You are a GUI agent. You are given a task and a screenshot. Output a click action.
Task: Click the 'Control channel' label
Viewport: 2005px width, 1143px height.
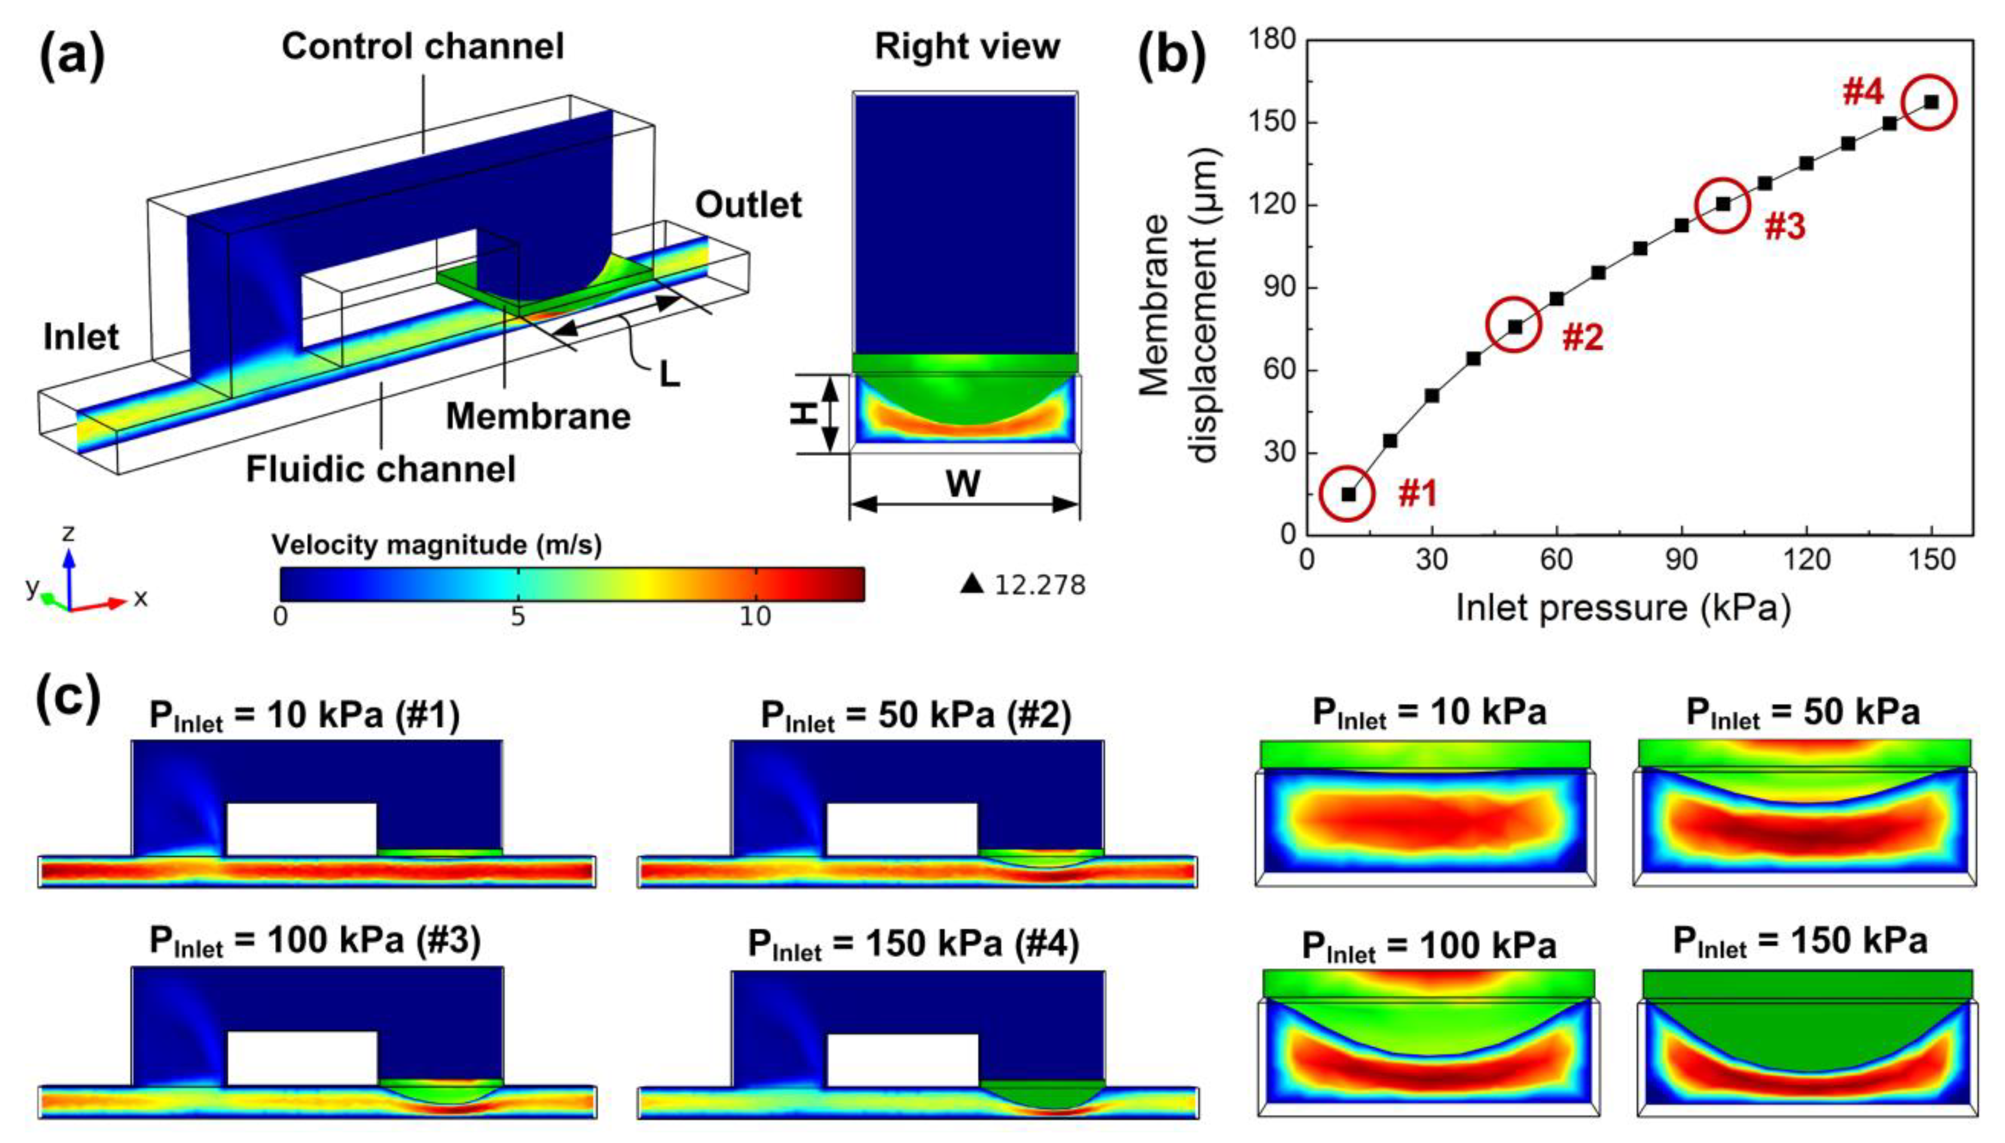[x=422, y=46]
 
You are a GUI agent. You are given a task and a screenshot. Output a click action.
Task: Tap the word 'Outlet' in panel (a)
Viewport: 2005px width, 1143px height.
[x=748, y=205]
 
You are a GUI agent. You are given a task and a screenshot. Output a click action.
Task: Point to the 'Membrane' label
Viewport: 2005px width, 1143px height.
[x=538, y=416]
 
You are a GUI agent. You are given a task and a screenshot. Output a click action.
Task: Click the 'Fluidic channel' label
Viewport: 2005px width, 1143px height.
[x=381, y=469]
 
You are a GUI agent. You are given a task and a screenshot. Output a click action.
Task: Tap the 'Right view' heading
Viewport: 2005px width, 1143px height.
[x=967, y=46]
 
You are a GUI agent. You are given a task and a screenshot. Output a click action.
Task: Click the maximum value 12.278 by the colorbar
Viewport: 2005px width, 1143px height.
[x=1039, y=585]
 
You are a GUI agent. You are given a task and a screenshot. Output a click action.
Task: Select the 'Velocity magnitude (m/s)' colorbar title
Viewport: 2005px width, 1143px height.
[x=436, y=544]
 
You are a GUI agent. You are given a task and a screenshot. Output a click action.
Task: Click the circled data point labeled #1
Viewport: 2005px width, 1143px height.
[x=1348, y=494]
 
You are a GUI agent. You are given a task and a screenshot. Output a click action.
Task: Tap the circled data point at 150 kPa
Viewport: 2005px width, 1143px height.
[x=1931, y=103]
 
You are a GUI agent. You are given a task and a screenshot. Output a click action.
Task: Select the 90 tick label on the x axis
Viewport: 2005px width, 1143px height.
[x=1682, y=559]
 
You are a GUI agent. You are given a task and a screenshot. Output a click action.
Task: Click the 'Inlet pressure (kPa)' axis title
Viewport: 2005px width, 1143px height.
[x=1623, y=608]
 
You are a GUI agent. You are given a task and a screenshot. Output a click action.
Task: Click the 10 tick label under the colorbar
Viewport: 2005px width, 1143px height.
[x=755, y=616]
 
